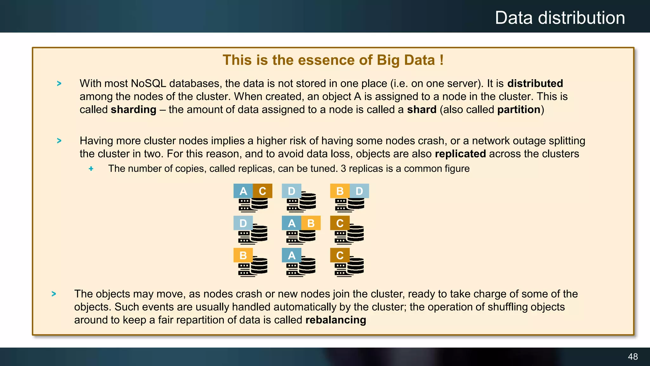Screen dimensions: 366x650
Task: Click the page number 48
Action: click(x=633, y=356)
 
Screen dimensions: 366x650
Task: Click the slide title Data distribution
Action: click(x=560, y=18)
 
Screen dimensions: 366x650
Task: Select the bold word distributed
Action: click(x=535, y=83)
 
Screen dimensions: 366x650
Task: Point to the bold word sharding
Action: click(x=133, y=110)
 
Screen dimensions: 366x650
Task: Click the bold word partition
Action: click(x=519, y=110)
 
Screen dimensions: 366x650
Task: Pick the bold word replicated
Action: click(x=460, y=154)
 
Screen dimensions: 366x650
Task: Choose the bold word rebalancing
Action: click(x=336, y=320)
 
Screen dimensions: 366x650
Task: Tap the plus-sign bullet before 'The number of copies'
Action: click(x=91, y=169)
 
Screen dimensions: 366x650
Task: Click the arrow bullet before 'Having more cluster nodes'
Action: click(x=59, y=141)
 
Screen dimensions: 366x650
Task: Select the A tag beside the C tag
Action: click(x=243, y=191)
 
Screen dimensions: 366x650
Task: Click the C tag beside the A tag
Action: click(x=262, y=191)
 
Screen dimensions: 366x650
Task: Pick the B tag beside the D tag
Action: click(x=340, y=191)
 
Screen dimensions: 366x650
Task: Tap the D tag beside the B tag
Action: click(x=359, y=191)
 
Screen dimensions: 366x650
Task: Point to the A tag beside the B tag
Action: click(x=291, y=223)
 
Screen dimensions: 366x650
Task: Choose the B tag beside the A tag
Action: click(x=311, y=223)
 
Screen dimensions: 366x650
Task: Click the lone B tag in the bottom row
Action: click(x=243, y=255)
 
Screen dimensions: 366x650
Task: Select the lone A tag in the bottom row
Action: click(x=291, y=255)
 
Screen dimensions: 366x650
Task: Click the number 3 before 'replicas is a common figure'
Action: click(x=343, y=169)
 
